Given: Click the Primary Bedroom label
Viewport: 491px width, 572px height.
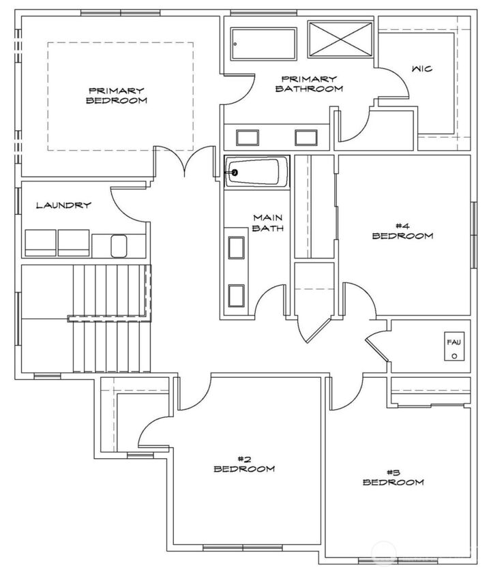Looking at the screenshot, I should coord(117,95).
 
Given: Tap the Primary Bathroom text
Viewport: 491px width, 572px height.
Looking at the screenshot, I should coord(308,84).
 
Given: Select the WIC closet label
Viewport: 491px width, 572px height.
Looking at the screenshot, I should coord(422,69).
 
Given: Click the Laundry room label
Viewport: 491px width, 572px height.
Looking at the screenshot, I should coord(63,205).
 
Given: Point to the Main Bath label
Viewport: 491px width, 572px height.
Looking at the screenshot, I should coord(268,223).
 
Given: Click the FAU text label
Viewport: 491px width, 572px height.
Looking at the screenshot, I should coord(453,342).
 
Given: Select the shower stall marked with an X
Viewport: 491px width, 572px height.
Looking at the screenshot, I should coord(340,37).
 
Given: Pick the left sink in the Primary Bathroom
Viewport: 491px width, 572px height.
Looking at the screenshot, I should coord(246,137).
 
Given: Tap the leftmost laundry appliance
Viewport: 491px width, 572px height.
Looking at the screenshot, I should coord(40,243).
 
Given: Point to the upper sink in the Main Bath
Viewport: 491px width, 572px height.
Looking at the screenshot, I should coord(236,247).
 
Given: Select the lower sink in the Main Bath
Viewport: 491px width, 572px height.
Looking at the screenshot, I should coord(236,295).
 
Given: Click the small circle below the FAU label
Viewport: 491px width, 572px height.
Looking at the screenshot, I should coord(453,355).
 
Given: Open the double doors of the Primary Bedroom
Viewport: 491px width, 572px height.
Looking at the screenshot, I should coord(185,162).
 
